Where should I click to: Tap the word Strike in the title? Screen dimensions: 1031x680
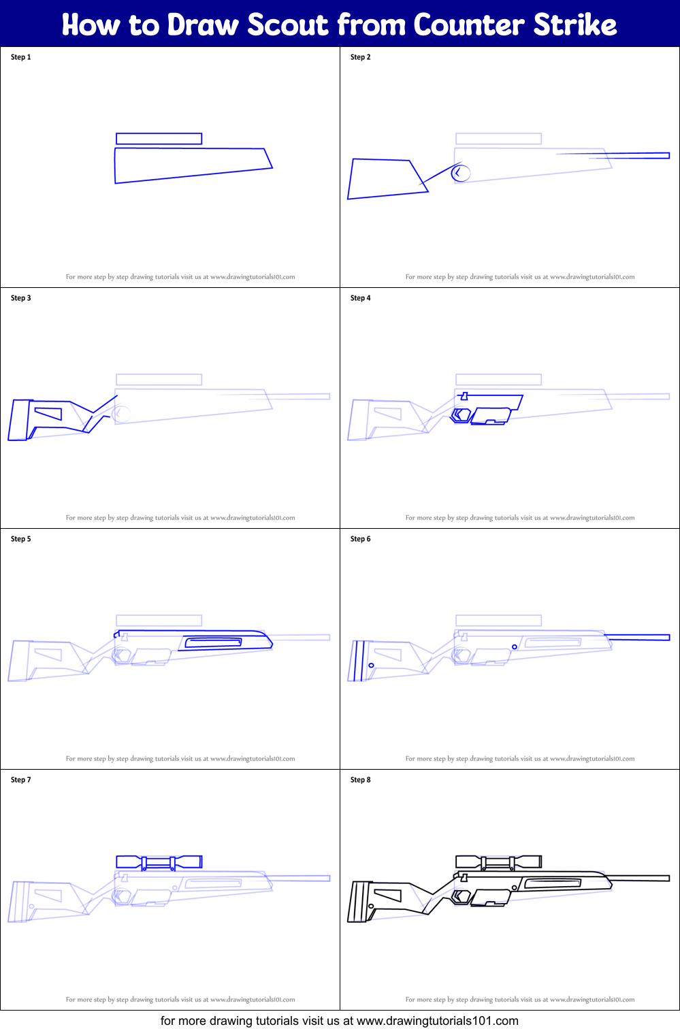click(x=575, y=25)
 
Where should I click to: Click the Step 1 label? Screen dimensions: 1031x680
click(x=21, y=57)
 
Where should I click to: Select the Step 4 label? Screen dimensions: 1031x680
click(x=361, y=298)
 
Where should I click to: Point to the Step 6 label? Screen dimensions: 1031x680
click(x=361, y=539)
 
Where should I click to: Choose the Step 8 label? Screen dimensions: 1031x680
click(x=361, y=780)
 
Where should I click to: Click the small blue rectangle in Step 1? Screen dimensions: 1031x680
click(x=159, y=139)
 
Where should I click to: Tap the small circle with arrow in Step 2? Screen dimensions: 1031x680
click(x=461, y=173)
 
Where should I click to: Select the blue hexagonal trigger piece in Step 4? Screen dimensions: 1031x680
click(x=462, y=415)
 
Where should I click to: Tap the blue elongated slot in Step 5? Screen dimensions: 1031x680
click(x=213, y=642)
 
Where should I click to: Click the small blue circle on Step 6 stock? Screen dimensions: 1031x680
click(x=371, y=666)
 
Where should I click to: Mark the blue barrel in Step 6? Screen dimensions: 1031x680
click(x=637, y=638)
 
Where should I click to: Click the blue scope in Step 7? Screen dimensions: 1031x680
click(x=159, y=862)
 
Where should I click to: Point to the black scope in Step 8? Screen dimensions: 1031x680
click(x=498, y=862)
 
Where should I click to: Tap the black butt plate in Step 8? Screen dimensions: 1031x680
click(x=358, y=902)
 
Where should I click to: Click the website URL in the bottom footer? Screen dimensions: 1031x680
click(x=437, y=1021)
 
